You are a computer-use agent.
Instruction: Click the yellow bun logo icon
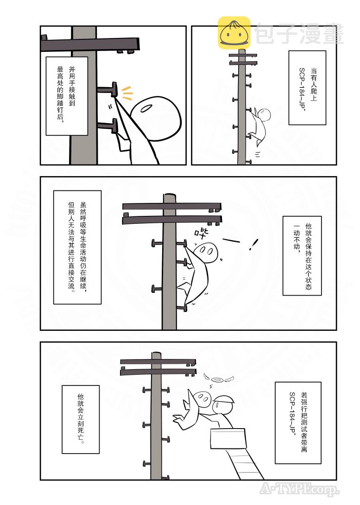pos(234,33)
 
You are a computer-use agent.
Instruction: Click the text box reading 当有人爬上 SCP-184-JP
pos(307,88)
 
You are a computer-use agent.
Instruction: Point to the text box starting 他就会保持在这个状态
pos(302,255)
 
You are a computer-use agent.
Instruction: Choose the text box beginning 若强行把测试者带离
pos(297,423)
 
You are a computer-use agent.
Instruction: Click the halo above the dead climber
pos(217,380)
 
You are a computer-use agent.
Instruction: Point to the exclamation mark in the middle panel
pos(253,244)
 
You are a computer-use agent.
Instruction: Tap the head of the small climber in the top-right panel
pos(264,114)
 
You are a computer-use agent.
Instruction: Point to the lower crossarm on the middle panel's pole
pos(171,219)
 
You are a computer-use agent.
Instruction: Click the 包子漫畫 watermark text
pos(299,35)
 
